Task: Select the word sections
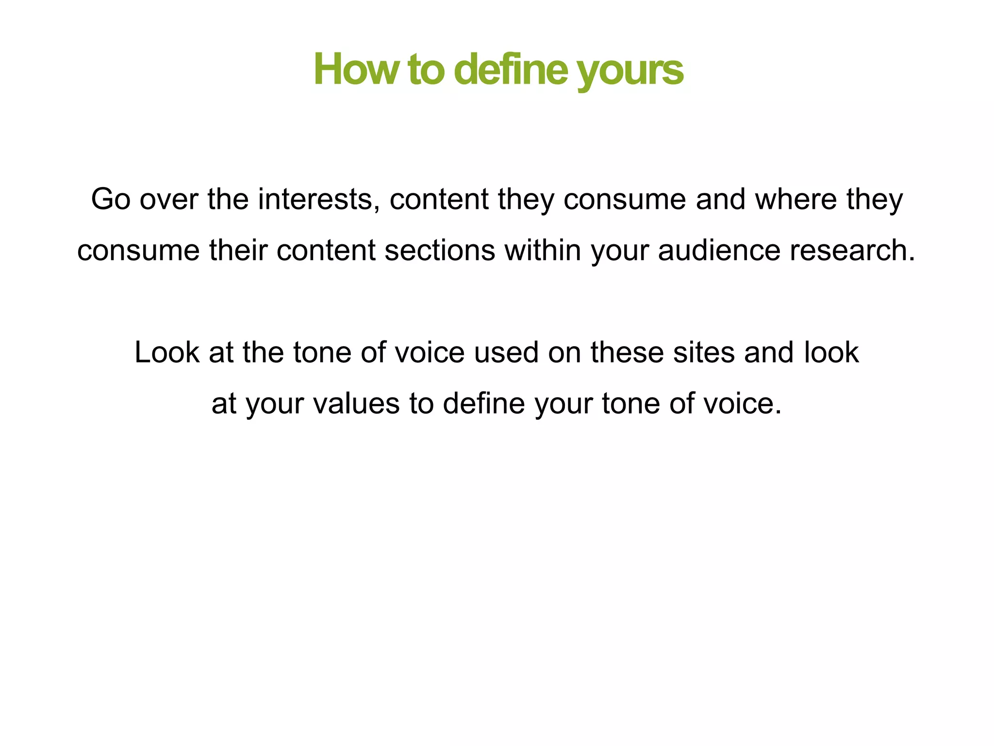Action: [x=440, y=251]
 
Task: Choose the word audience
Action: [x=719, y=251]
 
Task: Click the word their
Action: [x=238, y=251]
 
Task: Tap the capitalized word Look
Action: [x=166, y=352]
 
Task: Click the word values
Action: [x=356, y=404]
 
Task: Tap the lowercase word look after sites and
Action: [x=831, y=352]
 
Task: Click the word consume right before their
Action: [x=138, y=251]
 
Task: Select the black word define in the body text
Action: [x=484, y=404]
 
